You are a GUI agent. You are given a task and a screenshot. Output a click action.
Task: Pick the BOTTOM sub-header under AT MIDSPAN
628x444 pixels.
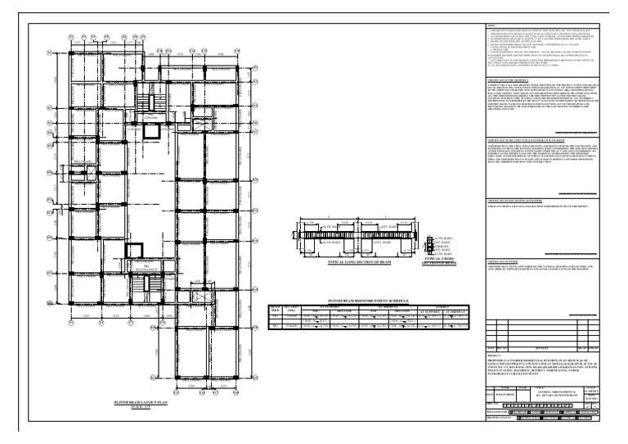406,310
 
